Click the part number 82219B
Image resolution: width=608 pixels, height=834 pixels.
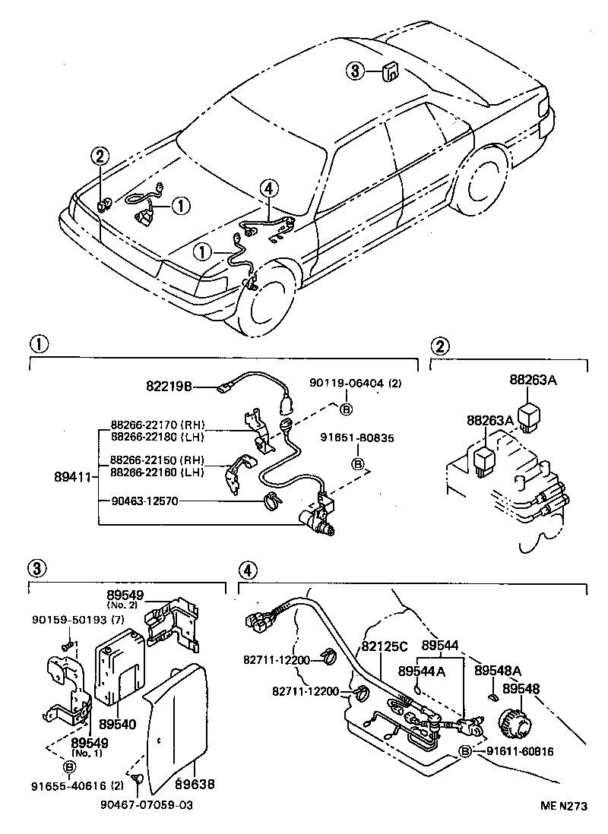point(169,386)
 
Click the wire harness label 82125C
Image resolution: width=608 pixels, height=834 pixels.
point(385,646)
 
